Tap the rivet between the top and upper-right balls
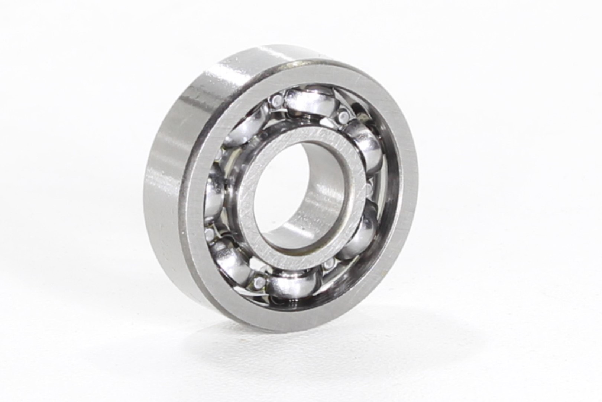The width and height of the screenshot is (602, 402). tap(343, 118)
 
